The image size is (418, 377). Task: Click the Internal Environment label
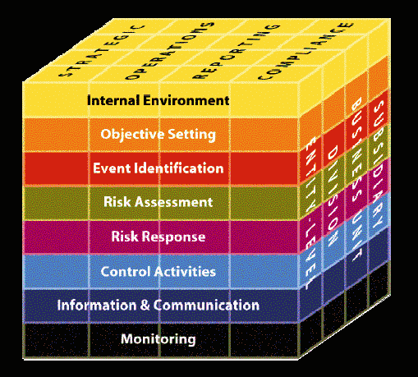(158, 100)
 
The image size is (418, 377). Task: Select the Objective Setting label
(158, 135)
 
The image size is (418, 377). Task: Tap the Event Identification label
(158, 168)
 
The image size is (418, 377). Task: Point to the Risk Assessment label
(158, 202)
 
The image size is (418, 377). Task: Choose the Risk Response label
(158, 237)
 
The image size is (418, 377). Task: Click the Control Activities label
(158, 271)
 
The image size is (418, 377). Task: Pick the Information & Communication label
(158, 305)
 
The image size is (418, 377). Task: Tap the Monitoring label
(158, 339)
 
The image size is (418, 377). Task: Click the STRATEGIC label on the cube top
(102, 51)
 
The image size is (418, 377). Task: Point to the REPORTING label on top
(237, 52)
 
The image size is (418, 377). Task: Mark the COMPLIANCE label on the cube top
(305, 51)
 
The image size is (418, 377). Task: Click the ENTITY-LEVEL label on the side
(310, 212)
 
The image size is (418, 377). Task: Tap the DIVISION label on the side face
(332, 195)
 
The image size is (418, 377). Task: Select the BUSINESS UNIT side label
(356, 179)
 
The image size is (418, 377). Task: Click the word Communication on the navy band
(206, 305)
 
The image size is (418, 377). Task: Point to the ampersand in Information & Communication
(145, 306)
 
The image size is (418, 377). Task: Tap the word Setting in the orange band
(191, 135)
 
